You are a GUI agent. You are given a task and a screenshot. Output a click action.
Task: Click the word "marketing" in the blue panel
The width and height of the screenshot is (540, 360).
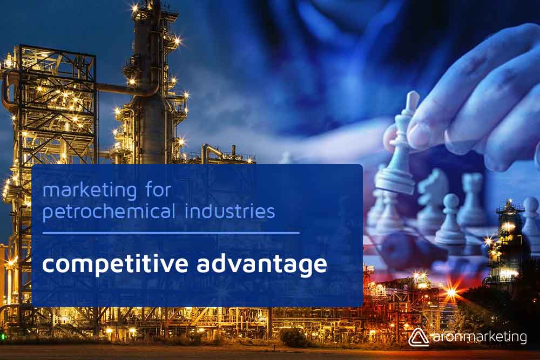[90, 191]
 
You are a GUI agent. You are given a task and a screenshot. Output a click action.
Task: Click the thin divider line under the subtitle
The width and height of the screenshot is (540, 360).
[171, 233]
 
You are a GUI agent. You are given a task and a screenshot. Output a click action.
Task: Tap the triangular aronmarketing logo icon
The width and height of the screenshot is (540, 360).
[418, 337]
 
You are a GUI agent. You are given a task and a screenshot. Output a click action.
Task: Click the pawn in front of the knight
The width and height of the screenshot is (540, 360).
[450, 220]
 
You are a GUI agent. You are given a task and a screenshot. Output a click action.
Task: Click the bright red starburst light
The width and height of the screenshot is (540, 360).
[451, 293]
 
